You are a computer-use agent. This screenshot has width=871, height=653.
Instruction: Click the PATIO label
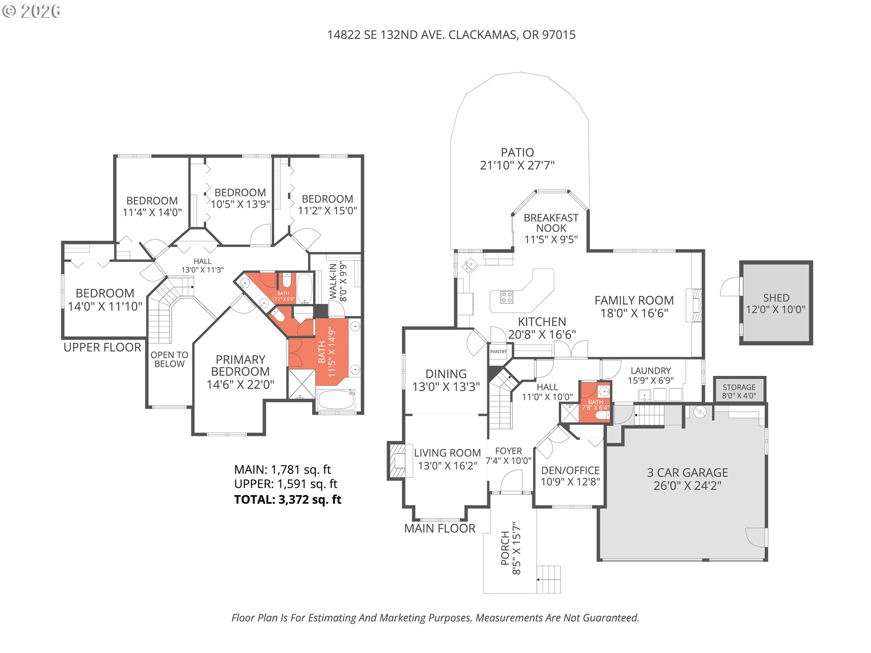pyautogui.click(x=517, y=153)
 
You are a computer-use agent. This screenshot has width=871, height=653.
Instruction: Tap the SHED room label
pyautogui.click(x=776, y=298)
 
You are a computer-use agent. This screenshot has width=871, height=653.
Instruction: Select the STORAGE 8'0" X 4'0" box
pyautogui.click(x=739, y=391)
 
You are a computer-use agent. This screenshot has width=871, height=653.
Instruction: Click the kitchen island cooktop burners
pyautogui.click(x=507, y=297)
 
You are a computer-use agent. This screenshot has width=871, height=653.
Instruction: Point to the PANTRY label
pyautogui.click(x=498, y=352)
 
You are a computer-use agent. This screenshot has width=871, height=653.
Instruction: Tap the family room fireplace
pyautogui.click(x=696, y=305)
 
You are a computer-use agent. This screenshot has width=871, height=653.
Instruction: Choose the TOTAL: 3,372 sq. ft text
pyautogui.click(x=288, y=500)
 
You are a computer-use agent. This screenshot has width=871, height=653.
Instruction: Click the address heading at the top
pyautogui.click(x=451, y=35)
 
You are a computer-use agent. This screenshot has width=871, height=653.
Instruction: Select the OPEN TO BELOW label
pyautogui.click(x=169, y=359)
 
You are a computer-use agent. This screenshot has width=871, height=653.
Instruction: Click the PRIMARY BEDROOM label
pyautogui.click(x=240, y=365)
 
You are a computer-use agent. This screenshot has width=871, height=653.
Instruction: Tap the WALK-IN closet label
pyautogui.click(x=333, y=281)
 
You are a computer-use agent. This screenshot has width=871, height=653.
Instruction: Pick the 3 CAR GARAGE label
pyautogui.click(x=687, y=473)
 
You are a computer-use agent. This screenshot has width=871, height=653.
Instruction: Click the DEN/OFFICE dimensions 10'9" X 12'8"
pyautogui.click(x=570, y=482)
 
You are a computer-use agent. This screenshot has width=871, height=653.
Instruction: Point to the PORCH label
pyautogui.click(x=505, y=548)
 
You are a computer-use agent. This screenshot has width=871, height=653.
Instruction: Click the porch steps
pyautogui.click(x=548, y=579)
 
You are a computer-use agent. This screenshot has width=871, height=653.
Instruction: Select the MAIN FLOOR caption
pyautogui.click(x=440, y=528)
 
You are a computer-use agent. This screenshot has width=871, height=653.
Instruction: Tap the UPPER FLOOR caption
pyautogui.click(x=102, y=347)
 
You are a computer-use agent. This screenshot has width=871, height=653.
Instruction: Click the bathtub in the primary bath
pyautogui.click(x=336, y=399)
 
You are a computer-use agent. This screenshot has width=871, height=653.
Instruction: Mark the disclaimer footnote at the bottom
pyautogui.click(x=435, y=618)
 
